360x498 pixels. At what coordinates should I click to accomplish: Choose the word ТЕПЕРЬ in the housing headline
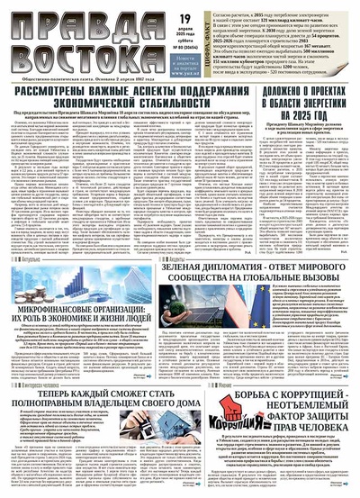click(50, 420)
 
